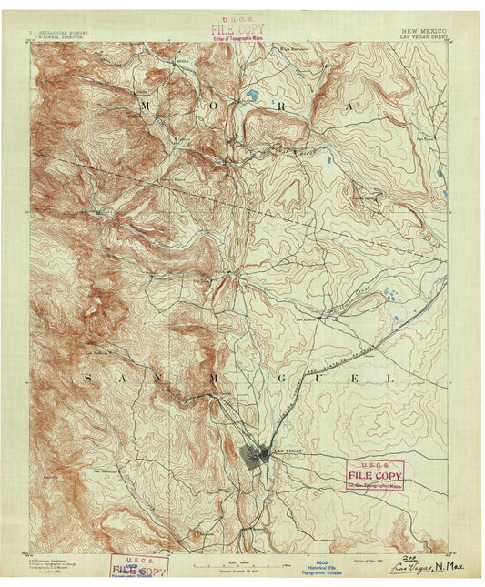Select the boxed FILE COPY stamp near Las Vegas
pos(374,474)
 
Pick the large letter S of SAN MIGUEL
pos(88,376)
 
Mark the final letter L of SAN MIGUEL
pos(392,376)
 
